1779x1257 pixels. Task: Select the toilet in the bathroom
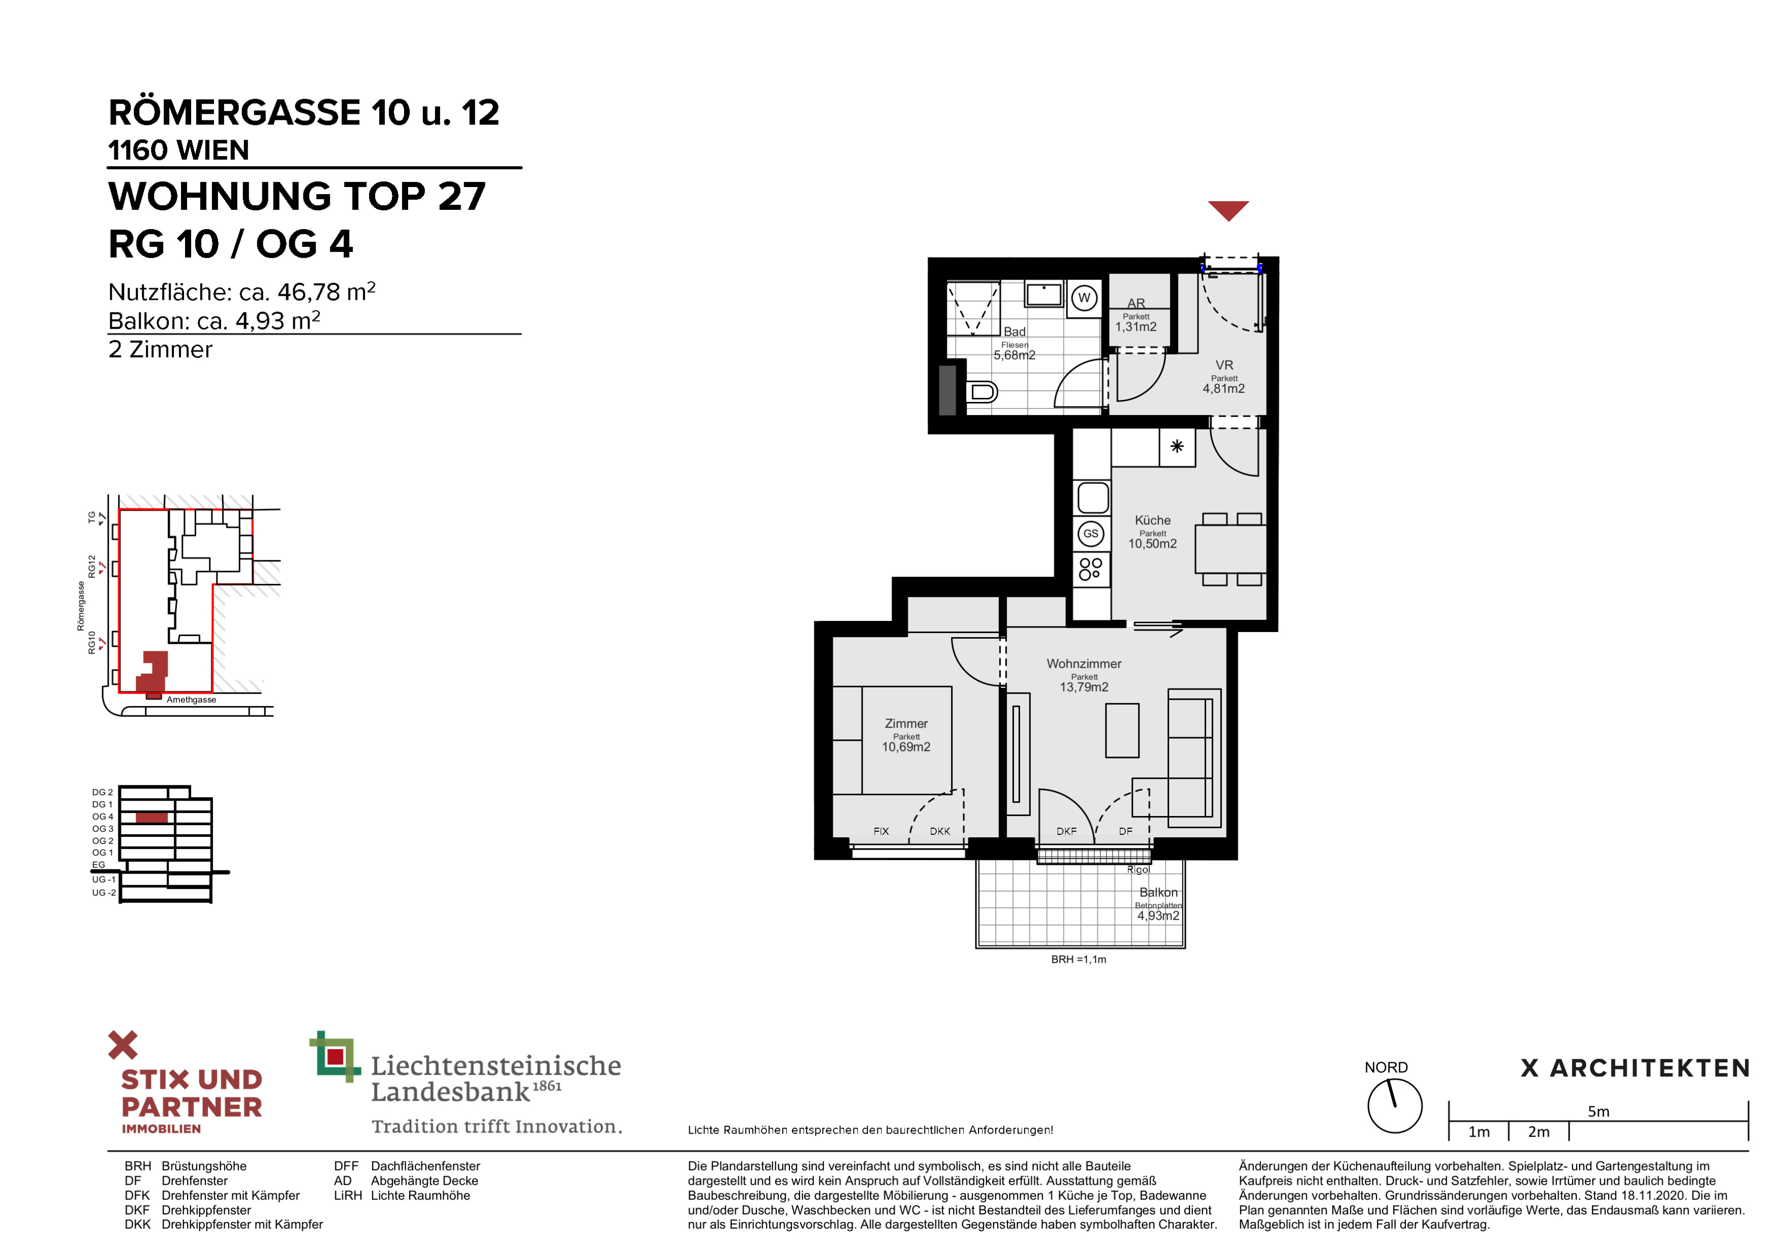tap(981, 392)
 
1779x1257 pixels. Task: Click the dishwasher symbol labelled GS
tap(1091, 533)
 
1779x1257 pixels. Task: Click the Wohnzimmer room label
tap(1084, 664)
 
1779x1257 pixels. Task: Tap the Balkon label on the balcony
tap(1158, 892)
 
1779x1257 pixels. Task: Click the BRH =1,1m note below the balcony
tap(1079, 960)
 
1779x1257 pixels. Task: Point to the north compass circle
tap(1395, 1106)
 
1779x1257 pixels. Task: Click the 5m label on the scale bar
tap(1599, 1111)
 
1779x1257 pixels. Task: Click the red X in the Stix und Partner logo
tap(122, 1045)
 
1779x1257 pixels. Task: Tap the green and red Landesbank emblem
tap(335, 1056)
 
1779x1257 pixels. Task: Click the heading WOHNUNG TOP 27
tap(297, 196)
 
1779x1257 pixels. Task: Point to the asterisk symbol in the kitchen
tap(1177, 446)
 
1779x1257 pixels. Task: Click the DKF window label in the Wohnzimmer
tap(1066, 832)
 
